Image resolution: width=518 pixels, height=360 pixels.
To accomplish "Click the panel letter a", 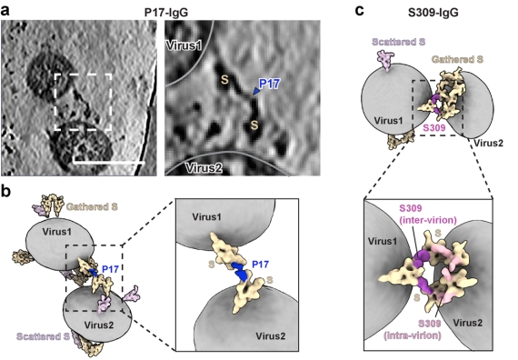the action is point(5,11).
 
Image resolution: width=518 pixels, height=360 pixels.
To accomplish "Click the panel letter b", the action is point(6,193).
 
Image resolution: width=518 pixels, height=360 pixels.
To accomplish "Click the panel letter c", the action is point(360,11).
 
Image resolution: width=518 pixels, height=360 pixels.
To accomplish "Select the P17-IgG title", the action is point(166,12).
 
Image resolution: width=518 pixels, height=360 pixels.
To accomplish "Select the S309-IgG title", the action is point(433,12).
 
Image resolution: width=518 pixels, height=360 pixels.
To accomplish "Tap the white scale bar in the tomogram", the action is point(109,163).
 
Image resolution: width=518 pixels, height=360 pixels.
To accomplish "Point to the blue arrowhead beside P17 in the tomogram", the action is point(255,91).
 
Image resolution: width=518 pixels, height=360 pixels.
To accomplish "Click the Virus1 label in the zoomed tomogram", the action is point(184,45).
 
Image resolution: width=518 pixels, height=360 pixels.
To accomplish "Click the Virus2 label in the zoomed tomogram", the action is point(204,168).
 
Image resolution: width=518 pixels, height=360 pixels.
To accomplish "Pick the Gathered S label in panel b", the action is point(92,207).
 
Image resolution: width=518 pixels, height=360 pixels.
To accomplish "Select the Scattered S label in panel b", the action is point(43,336).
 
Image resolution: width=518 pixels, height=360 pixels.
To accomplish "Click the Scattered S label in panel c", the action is point(399,42).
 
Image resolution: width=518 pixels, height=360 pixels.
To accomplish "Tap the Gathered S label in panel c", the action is point(457,59).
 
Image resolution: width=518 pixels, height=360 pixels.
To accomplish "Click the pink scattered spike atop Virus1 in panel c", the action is point(385,60).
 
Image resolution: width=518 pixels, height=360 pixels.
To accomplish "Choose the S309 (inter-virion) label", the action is point(428,215).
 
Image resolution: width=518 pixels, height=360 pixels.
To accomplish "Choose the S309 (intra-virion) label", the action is point(413,330).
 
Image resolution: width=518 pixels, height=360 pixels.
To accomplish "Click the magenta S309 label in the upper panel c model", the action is point(434,127).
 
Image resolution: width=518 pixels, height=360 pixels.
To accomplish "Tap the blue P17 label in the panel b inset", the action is point(260,265).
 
